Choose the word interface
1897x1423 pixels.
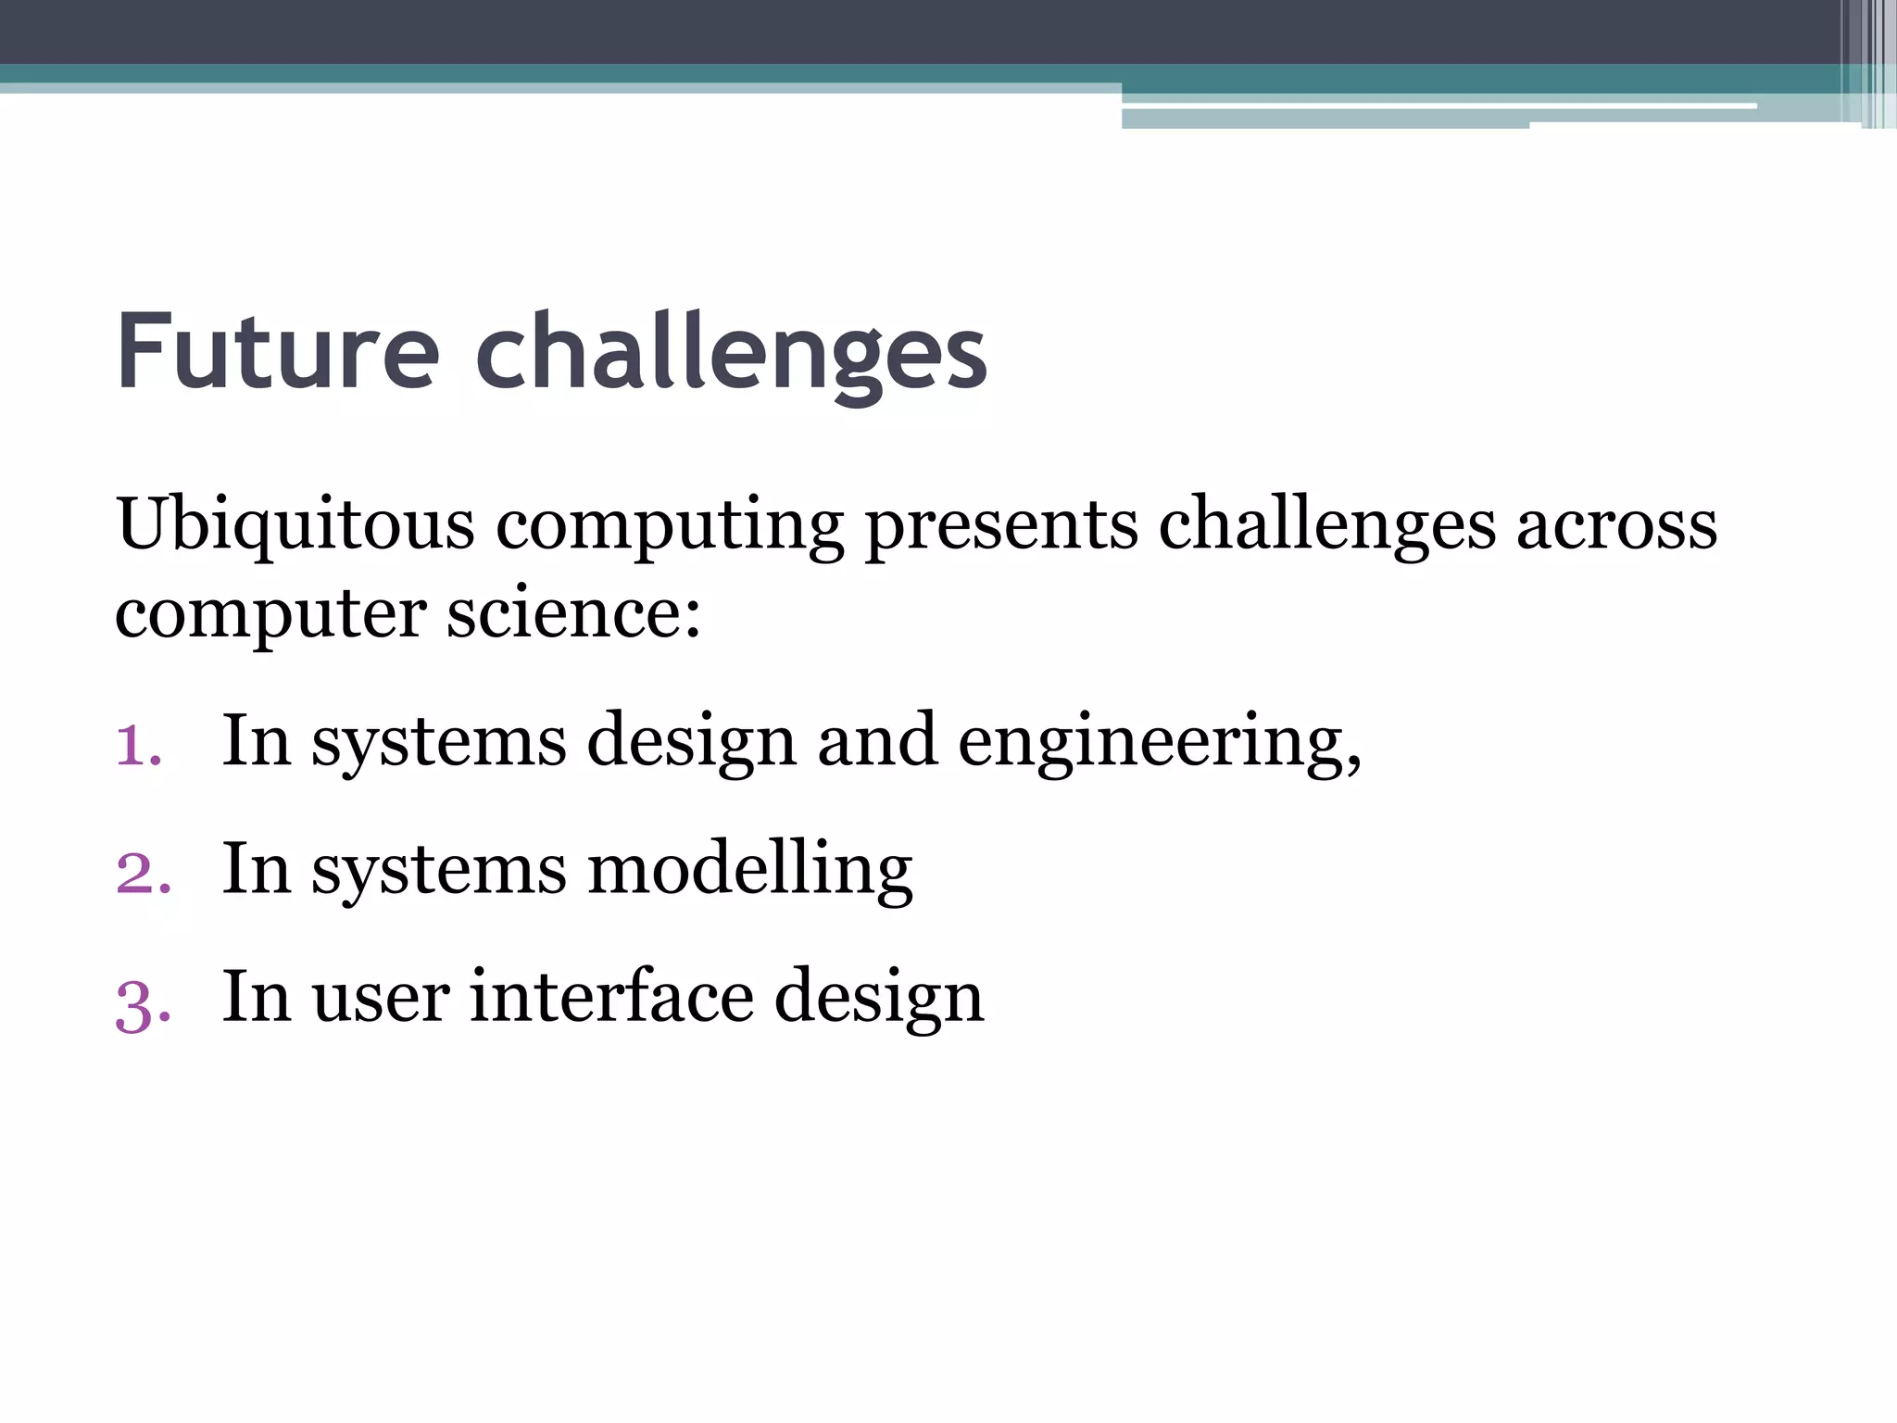tap(611, 998)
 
